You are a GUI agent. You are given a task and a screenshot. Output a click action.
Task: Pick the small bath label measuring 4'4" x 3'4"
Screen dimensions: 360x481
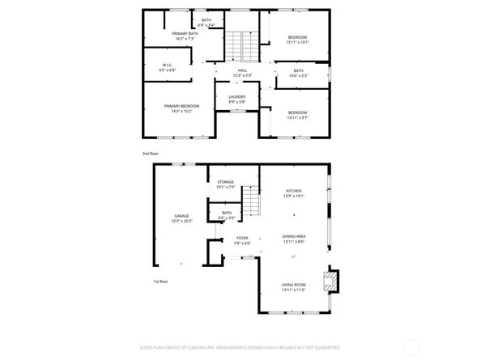pos(206,22)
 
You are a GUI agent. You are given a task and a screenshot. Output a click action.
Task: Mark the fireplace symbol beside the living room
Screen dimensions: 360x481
pos(329,281)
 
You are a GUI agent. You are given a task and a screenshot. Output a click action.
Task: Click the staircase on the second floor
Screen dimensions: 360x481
pos(235,45)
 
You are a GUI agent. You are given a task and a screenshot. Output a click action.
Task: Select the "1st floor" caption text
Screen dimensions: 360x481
pos(161,282)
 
